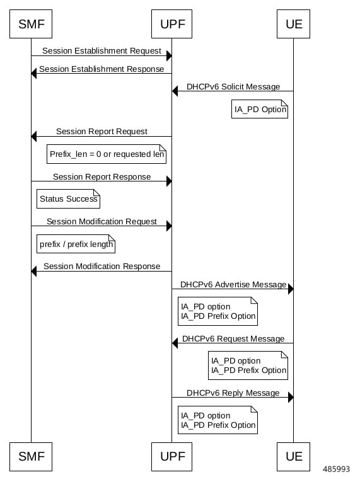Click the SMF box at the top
pyautogui.click(x=31, y=24)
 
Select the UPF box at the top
pyautogui.click(x=171, y=24)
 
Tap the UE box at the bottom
pyautogui.click(x=293, y=457)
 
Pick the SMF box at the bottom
pyautogui.click(x=31, y=457)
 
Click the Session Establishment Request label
pyautogui.click(x=102, y=51)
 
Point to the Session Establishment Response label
pyautogui.click(x=102, y=69)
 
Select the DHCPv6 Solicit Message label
pyautogui.click(x=233, y=87)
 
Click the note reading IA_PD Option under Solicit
pyautogui.click(x=260, y=109)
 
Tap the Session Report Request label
pyautogui.click(x=102, y=132)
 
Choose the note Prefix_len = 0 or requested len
pyautogui.click(x=107, y=154)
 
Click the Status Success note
pyautogui.click(x=69, y=199)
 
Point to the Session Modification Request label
pyautogui.click(x=102, y=221)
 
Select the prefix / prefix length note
pyautogui.click(x=76, y=244)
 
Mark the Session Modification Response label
pyautogui.click(x=102, y=267)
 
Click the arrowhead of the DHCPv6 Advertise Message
pyautogui.click(x=291, y=289)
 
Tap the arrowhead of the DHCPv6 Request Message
pyautogui.click(x=175, y=343)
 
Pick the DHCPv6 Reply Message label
pyautogui.click(x=233, y=393)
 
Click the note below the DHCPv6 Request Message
pyautogui.click(x=248, y=365)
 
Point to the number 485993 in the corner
pyautogui.click(x=336, y=469)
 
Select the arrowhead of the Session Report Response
pyautogui.click(x=169, y=181)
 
